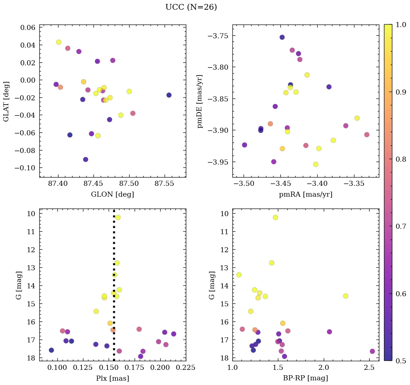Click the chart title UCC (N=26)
point(191,7)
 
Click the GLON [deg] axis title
point(113,194)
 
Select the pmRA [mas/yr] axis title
point(306,194)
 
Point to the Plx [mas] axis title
point(113,378)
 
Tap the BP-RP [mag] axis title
point(306,378)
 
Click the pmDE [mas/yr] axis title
point(200,101)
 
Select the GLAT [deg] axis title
point(6,101)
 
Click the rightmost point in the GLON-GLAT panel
point(169,95)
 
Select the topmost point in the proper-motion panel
point(282,37)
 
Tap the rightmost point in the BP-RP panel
point(372,351)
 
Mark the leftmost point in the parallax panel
point(51,350)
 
